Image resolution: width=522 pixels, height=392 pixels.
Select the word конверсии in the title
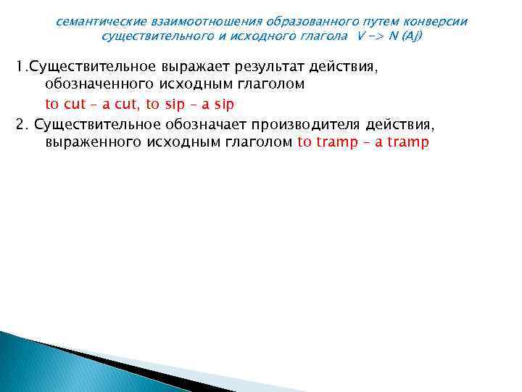point(439,22)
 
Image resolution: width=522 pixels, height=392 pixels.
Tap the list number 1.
point(20,68)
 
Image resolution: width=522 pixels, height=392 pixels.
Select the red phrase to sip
point(164,104)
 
